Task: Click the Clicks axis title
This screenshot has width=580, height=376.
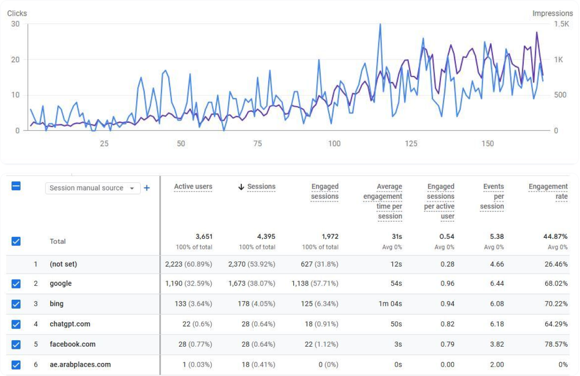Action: [x=17, y=13]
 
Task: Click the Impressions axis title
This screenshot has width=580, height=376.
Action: [x=553, y=13]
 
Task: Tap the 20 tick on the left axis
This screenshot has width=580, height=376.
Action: [x=15, y=60]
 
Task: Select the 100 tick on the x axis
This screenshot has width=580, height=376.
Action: [x=334, y=143]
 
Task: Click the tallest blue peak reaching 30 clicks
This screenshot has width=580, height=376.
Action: [x=380, y=25]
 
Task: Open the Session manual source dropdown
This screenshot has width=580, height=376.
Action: [x=92, y=188]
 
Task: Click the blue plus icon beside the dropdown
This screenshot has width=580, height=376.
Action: [x=147, y=188]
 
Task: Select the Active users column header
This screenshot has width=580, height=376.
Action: [x=193, y=187]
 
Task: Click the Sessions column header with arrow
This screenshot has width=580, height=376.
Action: [x=257, y=187]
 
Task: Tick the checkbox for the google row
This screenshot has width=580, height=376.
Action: [x=16, y=283]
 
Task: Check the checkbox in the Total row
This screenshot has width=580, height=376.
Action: [x=16, y=241]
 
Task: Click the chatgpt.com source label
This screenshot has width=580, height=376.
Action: [x=70, y=324]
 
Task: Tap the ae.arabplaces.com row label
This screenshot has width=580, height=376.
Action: [x=80, y=364]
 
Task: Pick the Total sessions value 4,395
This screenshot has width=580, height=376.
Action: [x=266, y=236]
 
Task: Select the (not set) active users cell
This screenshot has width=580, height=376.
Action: [x=188, y=264]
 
